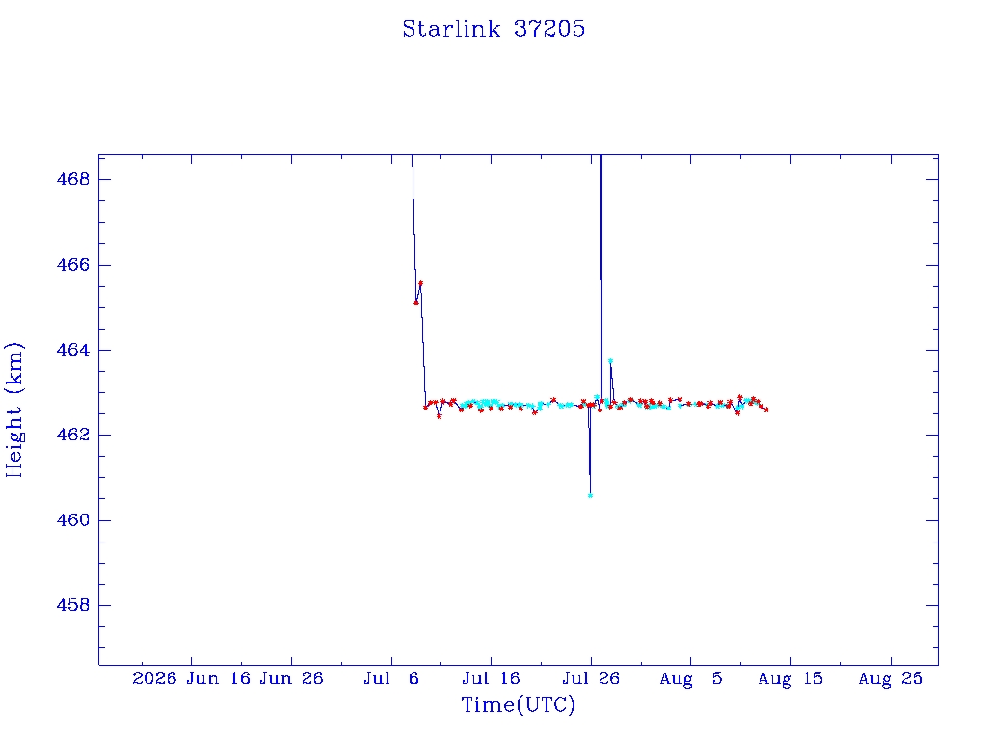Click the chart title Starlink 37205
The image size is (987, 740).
[x=493, y=29]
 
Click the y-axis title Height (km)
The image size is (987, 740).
[x=13, y=410]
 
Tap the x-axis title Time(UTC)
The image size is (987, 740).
[x=518, y=704]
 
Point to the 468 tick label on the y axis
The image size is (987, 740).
[x=73, y=180]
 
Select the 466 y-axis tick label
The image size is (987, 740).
[x=73, y=265]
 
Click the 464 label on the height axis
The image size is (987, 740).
[x=73, y=350]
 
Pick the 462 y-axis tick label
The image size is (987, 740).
[x=73, y=436]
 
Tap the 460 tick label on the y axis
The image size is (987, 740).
[x=73, y=520]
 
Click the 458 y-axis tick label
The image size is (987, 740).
[x=73, y=605]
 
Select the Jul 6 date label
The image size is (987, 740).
[x=391, y=679]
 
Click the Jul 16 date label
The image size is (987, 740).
[x=491, y=679]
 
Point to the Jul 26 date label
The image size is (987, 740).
[x=591, y=679]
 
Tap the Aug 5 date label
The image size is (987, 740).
[x=690, y=679]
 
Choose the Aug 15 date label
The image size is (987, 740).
[x=790, y=679]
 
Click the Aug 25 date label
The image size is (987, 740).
[x=891, y=679]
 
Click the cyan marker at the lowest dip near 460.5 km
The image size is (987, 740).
[x=591, y=496]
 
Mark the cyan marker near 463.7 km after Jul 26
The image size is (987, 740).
[x=610, y=361]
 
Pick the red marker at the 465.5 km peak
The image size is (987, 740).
[x=420, y=283]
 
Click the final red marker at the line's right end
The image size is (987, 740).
[x=766, y=410]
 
